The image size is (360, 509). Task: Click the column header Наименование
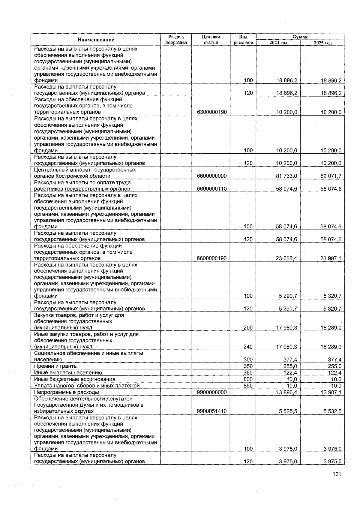(x=96, y=40)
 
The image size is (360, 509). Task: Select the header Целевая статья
(x=211, y=40)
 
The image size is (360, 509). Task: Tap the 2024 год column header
(x=278, y=43)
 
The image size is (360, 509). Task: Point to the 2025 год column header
(x=322, y=43)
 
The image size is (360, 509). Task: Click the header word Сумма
(x=300, y=37)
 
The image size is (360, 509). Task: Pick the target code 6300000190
(x=211, y=112)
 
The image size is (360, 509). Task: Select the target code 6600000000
(x=211, y=176)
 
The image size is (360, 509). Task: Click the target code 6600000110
(x=211, y=189)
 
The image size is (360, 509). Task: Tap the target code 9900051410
(x=211, y=411)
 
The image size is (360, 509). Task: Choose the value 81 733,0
(x=286, y=176)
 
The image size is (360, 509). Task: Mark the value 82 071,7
(x=331, y=176)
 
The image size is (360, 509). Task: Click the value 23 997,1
(x=331, y=258)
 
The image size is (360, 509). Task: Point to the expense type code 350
(x=248, y=366)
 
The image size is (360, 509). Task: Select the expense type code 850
(x=248, y=386)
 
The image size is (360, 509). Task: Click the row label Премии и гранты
(x=56, y=366)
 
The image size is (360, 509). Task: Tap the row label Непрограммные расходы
(x=67, y=392)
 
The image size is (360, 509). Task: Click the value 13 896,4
(x=286, y=392)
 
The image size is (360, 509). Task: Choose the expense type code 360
(x=248, y=373)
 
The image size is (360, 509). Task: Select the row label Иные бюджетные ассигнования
(x=75, y=379)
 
